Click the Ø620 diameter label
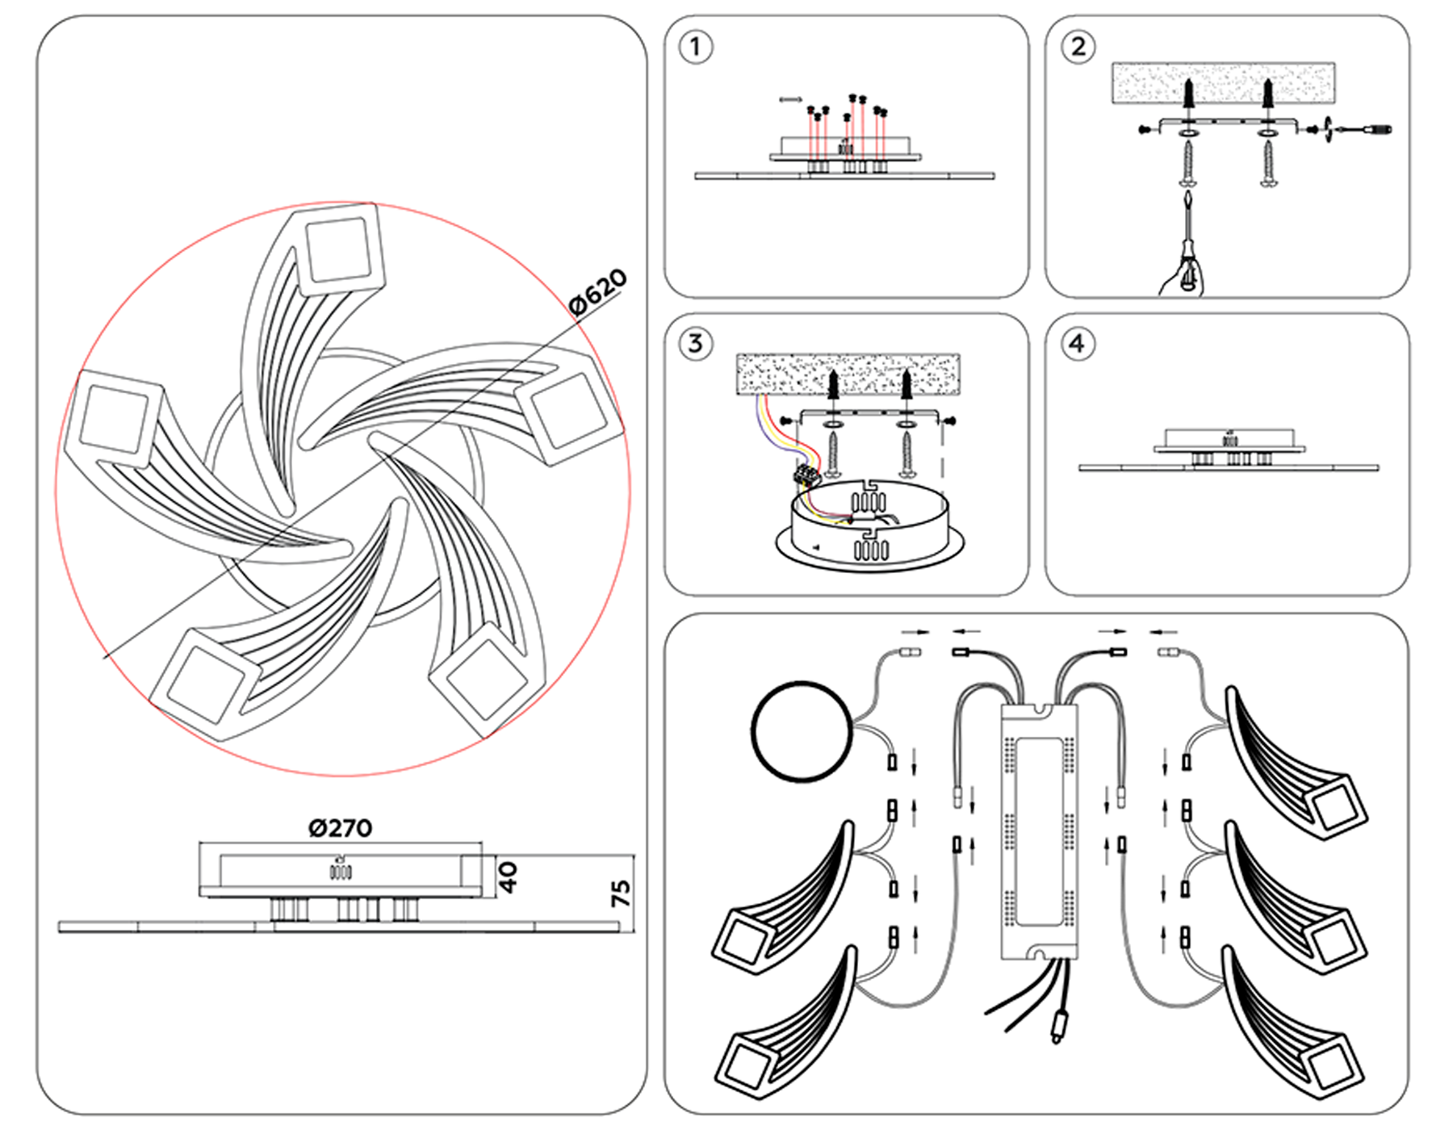(597, 291)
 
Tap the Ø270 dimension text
(340, 828)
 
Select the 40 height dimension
(508, 877)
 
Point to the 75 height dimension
(621, 894)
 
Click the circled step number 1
(695, 47)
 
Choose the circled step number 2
(1078, 47)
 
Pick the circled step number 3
(695, 344)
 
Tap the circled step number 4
(1078, 344)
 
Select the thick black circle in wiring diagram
(802, 731)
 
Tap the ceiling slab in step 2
(1223, 83)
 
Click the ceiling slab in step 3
(848, 374)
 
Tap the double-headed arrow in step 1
(791, 100)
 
